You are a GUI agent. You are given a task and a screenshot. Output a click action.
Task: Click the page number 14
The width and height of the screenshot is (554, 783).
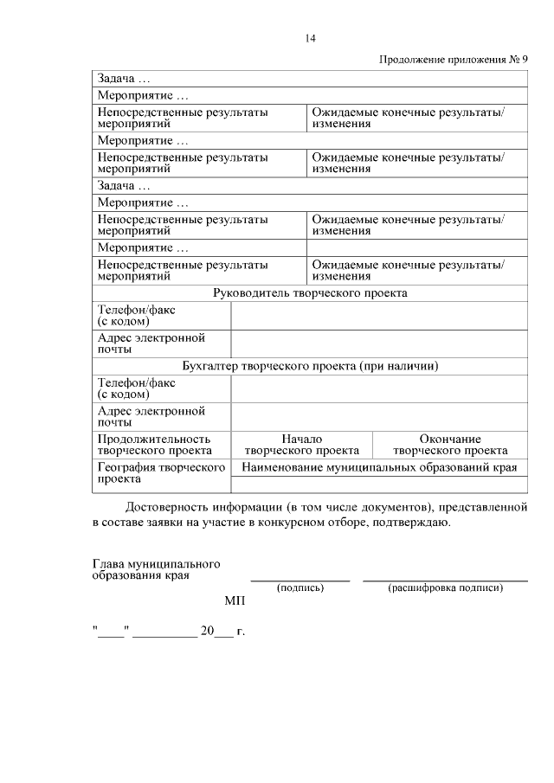311,38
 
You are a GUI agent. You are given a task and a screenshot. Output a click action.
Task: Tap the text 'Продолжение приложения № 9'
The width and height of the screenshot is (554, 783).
454,60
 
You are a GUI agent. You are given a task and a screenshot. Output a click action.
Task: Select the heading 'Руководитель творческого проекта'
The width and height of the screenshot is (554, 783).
310,293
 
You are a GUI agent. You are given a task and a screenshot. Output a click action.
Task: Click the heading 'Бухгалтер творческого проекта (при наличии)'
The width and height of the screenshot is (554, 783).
310,366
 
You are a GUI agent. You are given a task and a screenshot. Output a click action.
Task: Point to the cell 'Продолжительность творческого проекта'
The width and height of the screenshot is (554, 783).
155,445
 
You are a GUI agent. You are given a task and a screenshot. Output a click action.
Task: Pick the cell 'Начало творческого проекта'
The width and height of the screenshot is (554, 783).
301,445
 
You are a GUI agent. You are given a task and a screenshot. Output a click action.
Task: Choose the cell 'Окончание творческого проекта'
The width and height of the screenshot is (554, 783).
450,445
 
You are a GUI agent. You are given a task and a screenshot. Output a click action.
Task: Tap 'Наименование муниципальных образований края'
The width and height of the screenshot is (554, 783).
379,467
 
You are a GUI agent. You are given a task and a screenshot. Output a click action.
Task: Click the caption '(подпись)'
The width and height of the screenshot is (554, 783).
300,588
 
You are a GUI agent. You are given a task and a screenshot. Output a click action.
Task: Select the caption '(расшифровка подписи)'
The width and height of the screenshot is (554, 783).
446,588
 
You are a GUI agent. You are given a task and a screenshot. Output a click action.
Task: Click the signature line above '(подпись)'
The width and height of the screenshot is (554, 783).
300,580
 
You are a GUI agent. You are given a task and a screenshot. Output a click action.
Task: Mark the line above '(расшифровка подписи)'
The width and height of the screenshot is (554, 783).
446,580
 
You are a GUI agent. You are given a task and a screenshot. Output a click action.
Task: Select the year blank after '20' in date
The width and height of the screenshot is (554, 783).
223,633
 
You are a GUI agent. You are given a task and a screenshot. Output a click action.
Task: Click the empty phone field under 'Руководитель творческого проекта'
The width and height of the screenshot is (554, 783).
379,316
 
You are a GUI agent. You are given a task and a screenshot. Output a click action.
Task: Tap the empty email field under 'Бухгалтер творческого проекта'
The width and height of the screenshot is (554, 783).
379,416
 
